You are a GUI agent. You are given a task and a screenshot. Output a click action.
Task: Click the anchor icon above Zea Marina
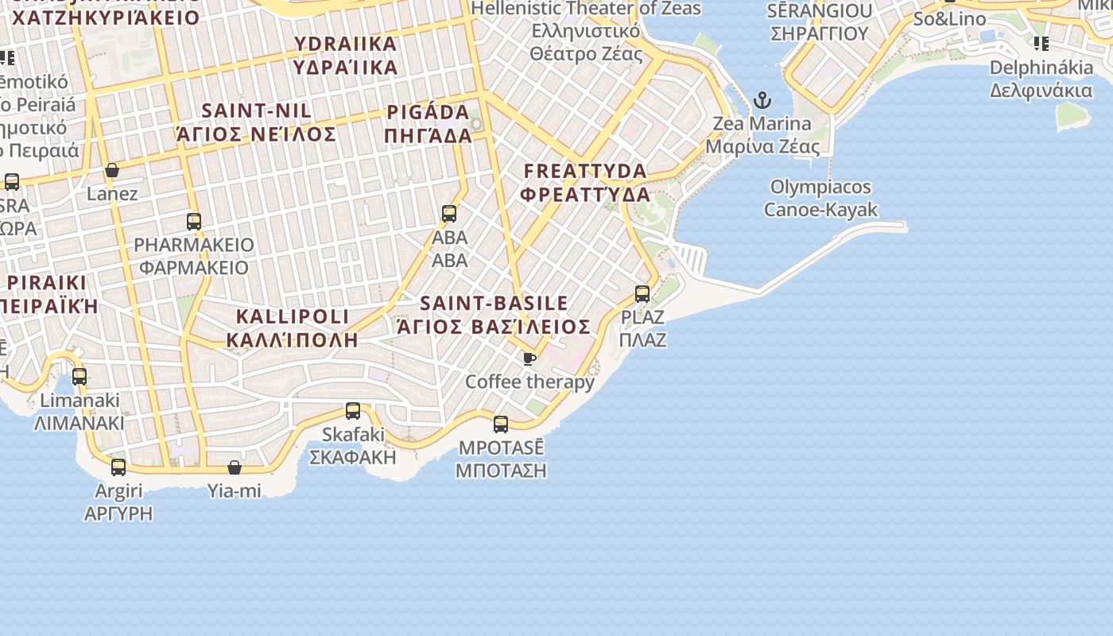(x=762, y=100)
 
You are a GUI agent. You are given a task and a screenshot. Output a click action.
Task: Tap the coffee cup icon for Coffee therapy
(x=529, y=359)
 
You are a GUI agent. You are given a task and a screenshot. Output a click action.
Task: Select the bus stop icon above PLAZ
(x=642, y=294)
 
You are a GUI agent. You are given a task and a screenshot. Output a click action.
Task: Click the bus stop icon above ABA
(x=449, y=214)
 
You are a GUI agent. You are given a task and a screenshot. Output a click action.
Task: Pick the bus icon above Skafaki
(x=353, y=411)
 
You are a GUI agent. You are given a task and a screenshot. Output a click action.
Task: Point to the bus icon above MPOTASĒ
(x=501, y=425)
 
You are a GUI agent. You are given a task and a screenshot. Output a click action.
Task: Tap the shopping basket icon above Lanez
(x=112, y=170)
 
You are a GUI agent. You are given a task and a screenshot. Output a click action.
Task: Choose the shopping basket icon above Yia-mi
(x=235, y=467)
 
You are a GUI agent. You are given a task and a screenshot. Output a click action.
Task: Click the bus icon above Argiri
(x=118, y=467)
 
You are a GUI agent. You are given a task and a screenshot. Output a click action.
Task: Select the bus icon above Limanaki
(x=79, y=377)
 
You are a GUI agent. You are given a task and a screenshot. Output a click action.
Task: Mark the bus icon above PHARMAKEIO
(x=194, y=222)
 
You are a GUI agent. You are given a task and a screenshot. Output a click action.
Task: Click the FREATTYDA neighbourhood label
(x=585, y=182)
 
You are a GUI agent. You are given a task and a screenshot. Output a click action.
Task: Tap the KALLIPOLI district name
(x=293, y=328)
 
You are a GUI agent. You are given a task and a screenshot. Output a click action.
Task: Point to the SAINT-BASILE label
(x=494, y=314)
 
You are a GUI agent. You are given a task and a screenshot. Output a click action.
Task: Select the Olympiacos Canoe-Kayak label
(x=820, y=198)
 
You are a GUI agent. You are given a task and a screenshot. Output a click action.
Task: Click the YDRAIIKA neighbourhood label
(x=345, y=54)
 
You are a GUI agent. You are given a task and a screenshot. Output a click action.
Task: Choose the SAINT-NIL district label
(x=257, y=122)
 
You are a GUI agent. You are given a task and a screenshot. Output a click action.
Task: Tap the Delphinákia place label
(x=1041, y=79)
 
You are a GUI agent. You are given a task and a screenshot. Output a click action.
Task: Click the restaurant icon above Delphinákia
(x=1041, y=43)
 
